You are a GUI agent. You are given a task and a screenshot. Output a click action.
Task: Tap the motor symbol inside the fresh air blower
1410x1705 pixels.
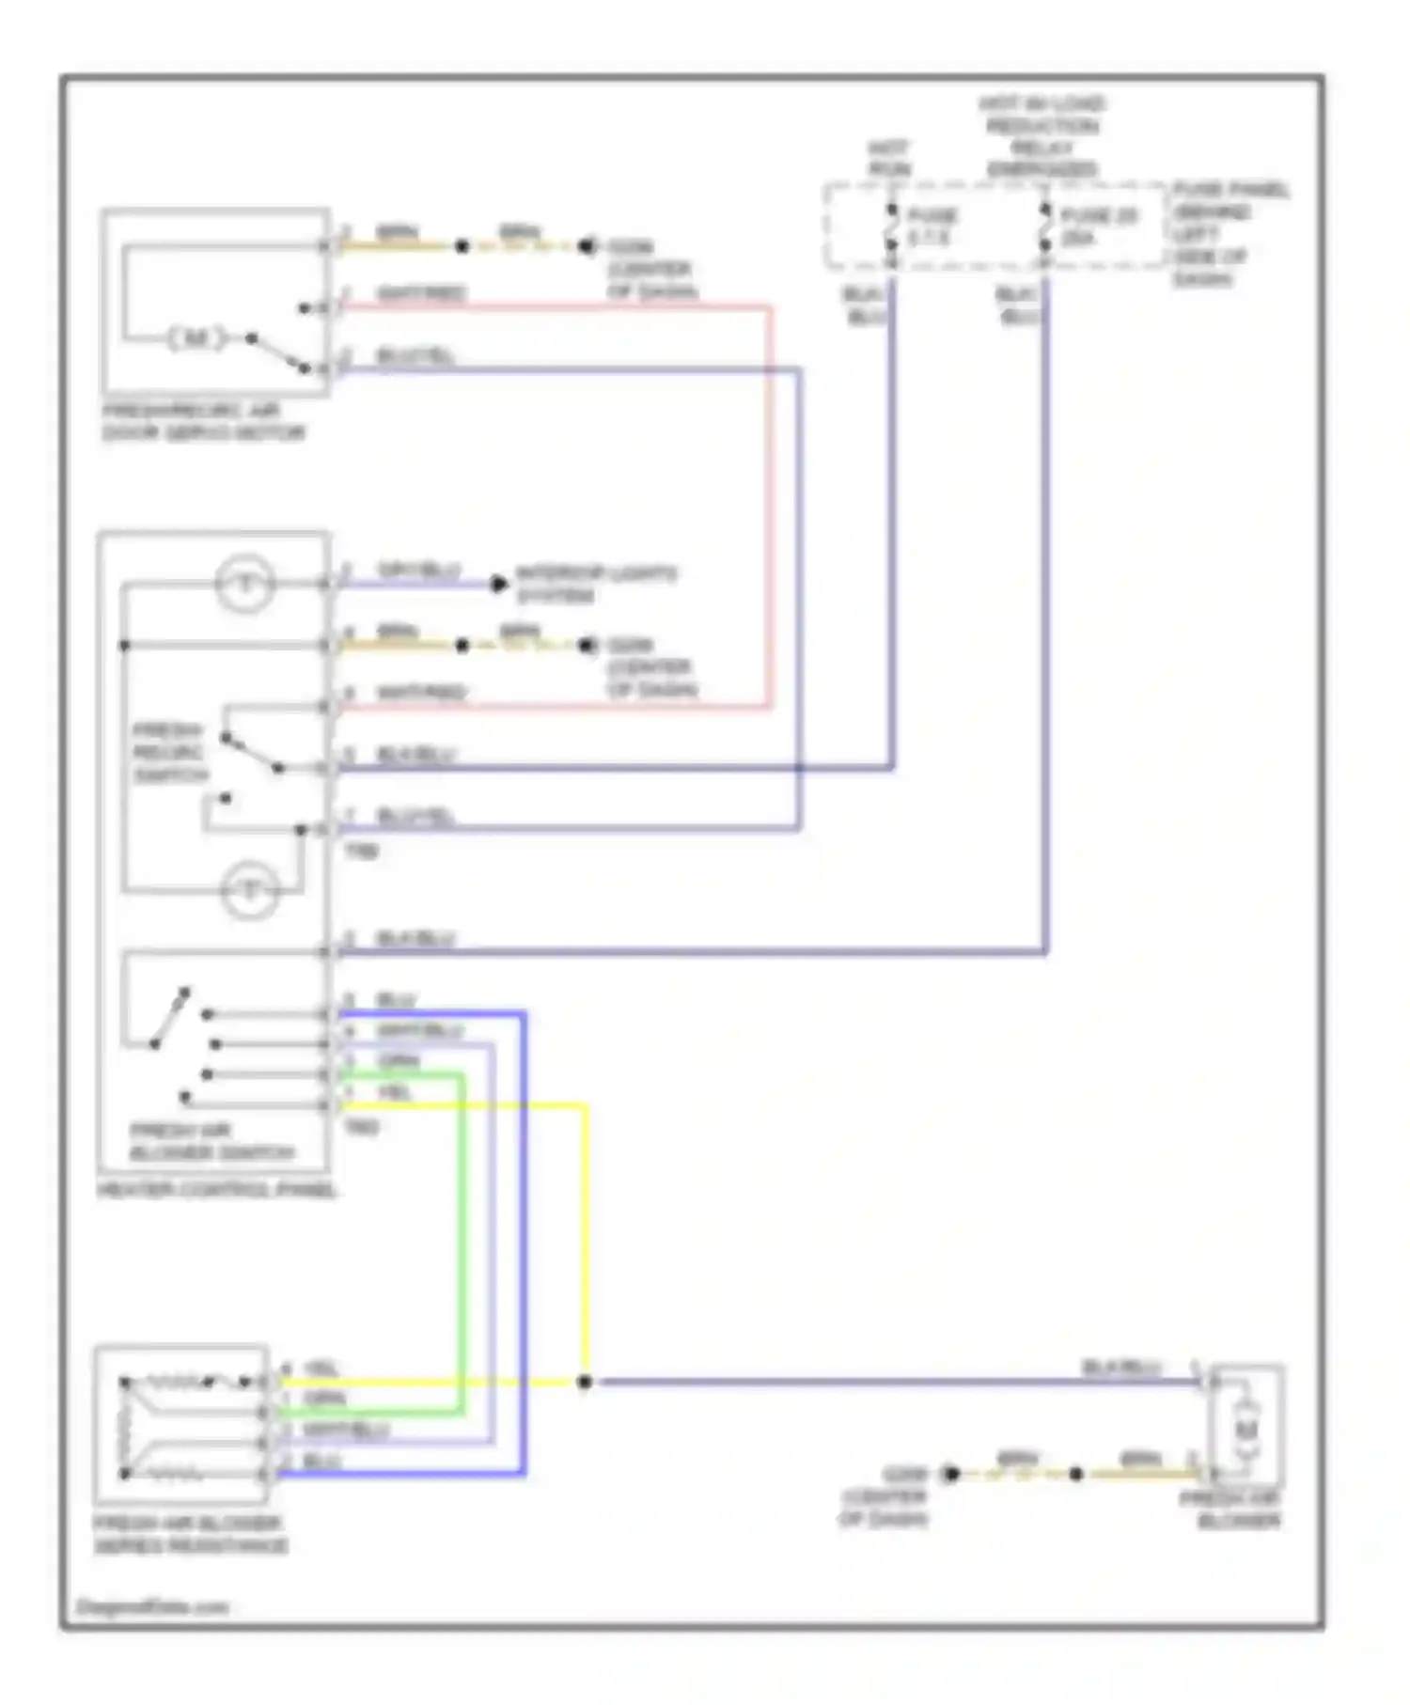tap(1245, 1430)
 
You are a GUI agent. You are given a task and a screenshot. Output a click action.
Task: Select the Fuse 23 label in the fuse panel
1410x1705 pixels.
tap(1098, 227)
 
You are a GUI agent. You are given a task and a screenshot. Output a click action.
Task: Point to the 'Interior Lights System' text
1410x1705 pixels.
tap(595, 584)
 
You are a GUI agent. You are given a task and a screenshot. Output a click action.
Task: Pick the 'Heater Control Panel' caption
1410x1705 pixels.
tap(216, 1190)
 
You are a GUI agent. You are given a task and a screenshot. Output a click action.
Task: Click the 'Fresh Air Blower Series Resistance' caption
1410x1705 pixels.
tap(191, 1534)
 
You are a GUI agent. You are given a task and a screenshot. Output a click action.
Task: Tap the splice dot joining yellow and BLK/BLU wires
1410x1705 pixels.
tap(584, 1382)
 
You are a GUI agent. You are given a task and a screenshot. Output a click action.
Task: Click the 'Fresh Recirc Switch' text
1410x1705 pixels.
tap(169, 753)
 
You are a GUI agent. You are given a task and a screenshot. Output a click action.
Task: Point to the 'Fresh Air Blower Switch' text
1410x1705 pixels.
tap(211, 1141)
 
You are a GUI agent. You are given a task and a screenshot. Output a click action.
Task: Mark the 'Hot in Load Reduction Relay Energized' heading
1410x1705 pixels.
tap(1042, 136)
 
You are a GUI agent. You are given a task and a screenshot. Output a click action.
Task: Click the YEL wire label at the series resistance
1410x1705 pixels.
tap(322, 1369)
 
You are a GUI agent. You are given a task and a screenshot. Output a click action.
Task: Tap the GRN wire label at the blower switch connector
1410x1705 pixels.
tap(398, 1061)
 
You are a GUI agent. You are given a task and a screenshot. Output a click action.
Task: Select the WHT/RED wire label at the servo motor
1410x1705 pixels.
tap(420, 293)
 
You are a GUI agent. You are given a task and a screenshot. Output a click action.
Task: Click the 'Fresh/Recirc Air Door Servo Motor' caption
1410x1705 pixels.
tap(203, 422)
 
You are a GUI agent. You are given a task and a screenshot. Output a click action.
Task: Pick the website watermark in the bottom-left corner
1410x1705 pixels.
tap(152, 1607)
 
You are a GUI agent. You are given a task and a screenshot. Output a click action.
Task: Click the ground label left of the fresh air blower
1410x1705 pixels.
tap(885, 1496)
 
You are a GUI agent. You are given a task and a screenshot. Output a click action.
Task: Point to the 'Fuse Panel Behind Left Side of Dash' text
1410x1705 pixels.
tap(1230, 234)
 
